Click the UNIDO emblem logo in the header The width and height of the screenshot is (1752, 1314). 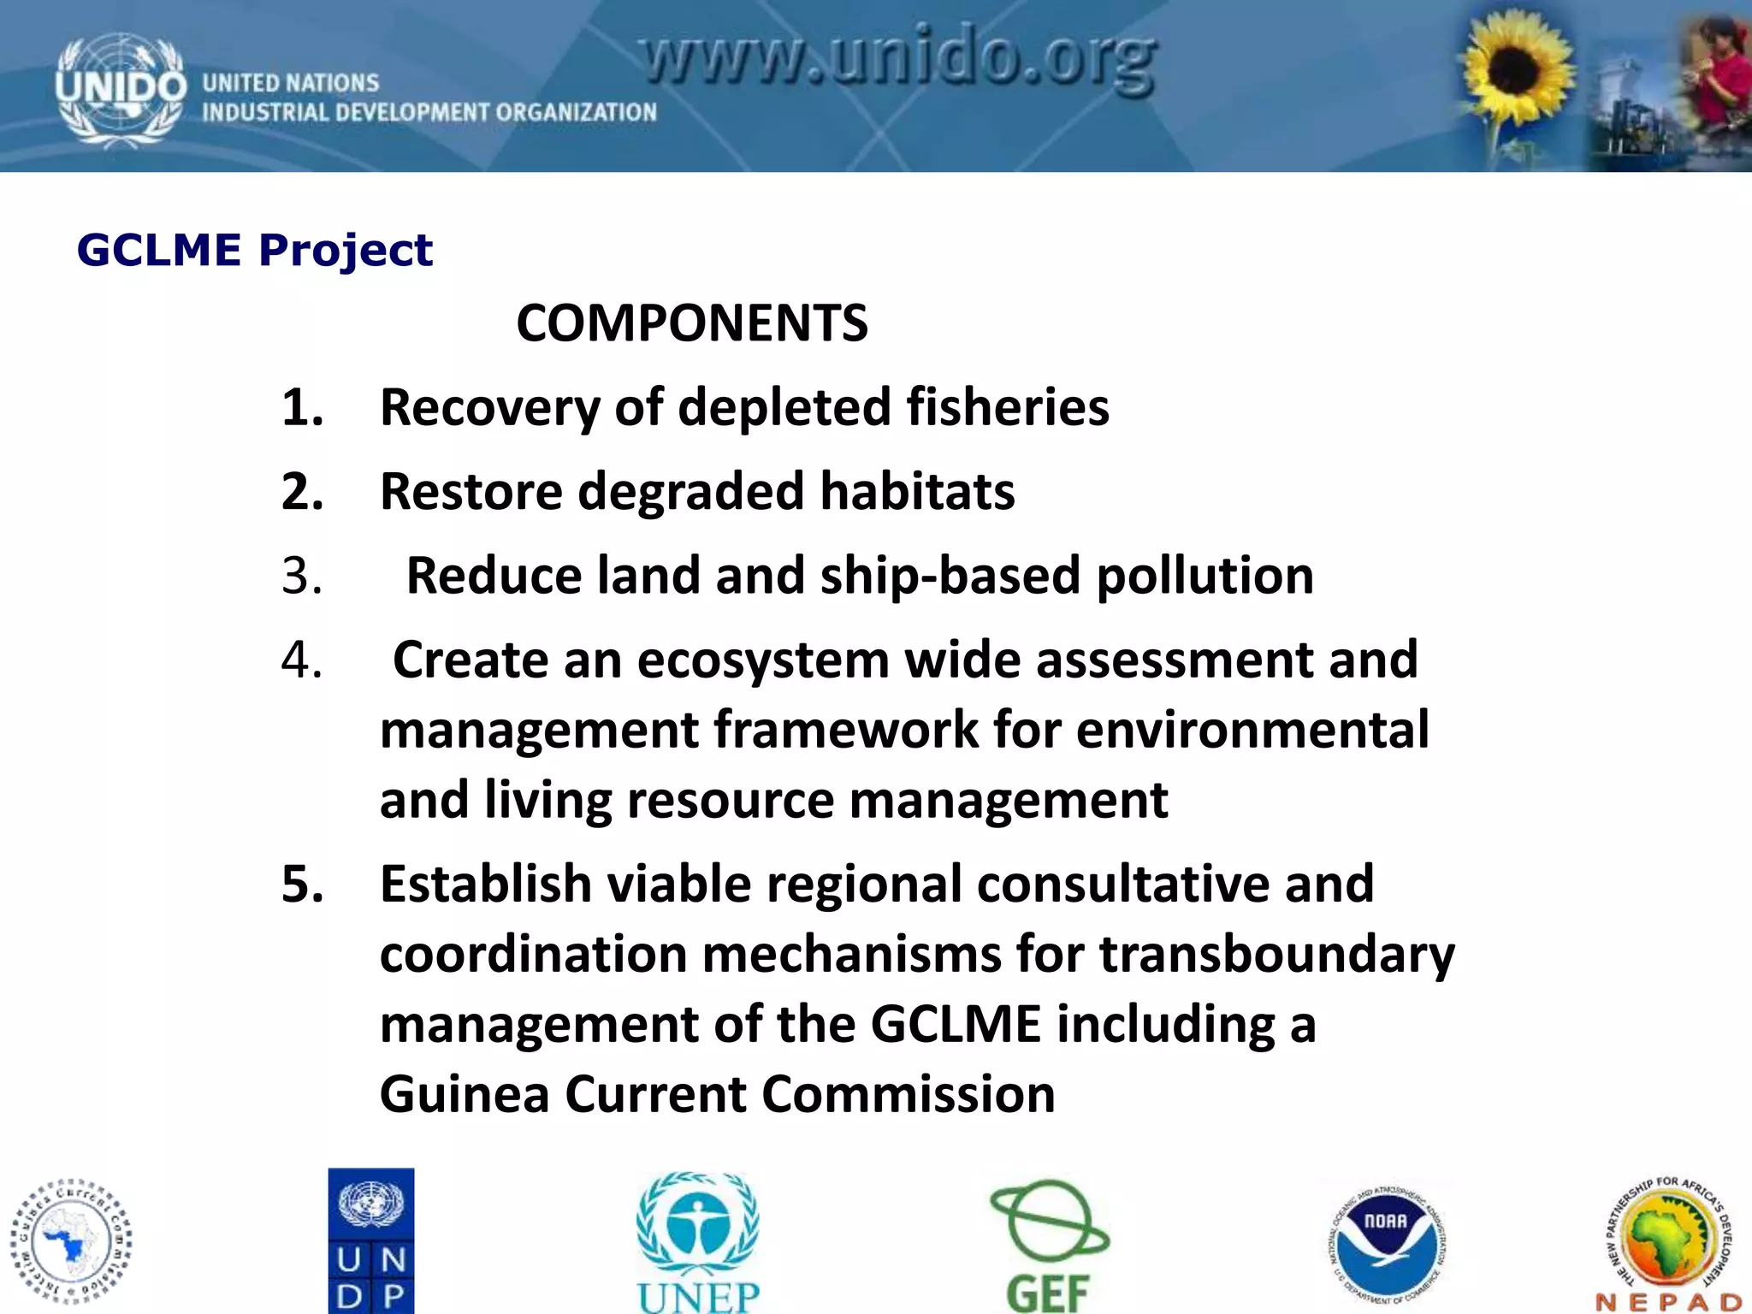(120, 89)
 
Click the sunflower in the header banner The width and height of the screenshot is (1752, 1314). (1516, 72)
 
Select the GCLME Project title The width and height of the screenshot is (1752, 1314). (255, 251)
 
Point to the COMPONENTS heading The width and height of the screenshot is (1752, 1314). (692, 323)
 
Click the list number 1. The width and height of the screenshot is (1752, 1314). (302, 407)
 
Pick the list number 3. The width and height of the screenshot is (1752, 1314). (302, 576)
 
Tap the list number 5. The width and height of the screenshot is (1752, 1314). (302, 884)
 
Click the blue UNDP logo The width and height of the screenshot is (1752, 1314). (371, 1240)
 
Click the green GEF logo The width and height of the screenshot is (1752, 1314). (1049, 1246)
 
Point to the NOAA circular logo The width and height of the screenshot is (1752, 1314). (1386, 1240)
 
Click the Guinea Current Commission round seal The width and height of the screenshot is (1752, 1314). (72, 1240)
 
